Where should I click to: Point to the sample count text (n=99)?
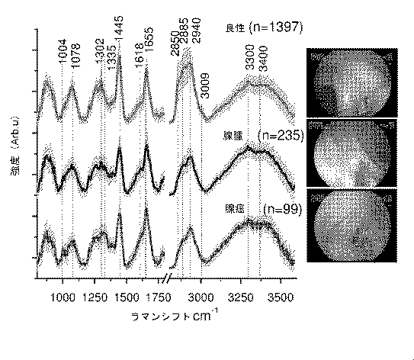(x=282, y=207)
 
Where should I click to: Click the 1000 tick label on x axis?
(x=62, y=299)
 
